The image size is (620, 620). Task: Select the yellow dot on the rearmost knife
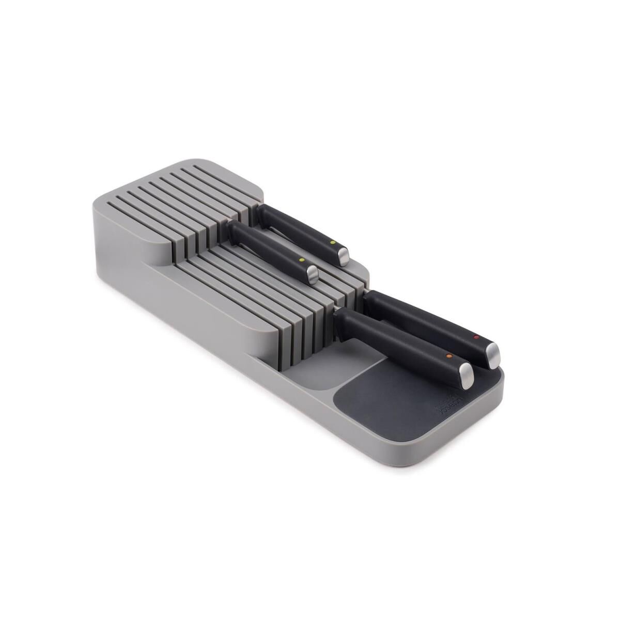point(333,241)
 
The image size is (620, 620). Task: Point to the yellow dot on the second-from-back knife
point(301,259)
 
